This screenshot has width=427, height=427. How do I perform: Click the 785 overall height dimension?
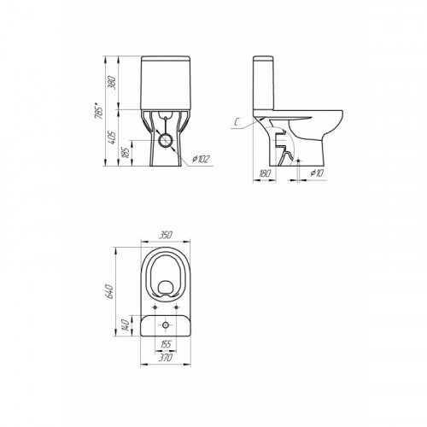(x=99, y=114)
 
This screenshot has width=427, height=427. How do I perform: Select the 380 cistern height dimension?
(x=113, y=83)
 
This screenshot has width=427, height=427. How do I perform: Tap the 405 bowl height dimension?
(x=113, y=137)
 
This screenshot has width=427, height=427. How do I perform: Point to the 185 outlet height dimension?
(x=126, y=153)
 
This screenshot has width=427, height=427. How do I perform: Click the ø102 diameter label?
(x=201, y=160)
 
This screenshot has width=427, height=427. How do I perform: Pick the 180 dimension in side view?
(x=265, y=173)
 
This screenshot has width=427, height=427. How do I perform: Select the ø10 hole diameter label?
(x=317, y=173)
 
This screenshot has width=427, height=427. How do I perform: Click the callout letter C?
(x=237, y=122)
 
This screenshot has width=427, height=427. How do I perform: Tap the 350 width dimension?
(x=166, y=235)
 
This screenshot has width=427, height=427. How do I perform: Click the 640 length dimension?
(x=110, y=291)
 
